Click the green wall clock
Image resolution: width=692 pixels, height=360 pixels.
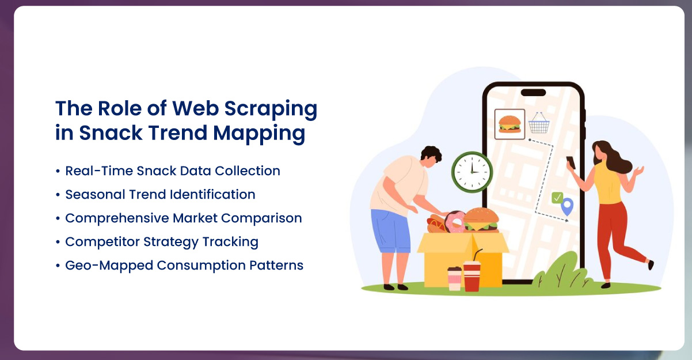pyautogui.click(x=472, y=172)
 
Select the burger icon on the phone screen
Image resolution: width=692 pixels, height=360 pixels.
pyautogui.click(x=510, y=124)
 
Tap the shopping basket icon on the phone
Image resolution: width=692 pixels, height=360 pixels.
pyautogui.click(x=539, y=123)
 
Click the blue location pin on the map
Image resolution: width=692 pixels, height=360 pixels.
pyautogui.click(x=568, y=206)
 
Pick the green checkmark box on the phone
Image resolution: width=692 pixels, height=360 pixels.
pyautogui.click(x=557, y=198)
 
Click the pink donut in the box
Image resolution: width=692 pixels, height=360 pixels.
pyautogui.click(x=455, y=222)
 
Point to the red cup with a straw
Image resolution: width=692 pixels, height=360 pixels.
pyautogui.click(x=472, y=275)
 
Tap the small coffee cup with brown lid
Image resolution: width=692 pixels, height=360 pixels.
pyautogui.click(x=454, y=278)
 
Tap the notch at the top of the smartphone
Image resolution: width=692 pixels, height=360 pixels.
pyautogui.click(x=533, y=92)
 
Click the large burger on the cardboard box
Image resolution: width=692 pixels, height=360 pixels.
pyautogui.click(x=481, y=219)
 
